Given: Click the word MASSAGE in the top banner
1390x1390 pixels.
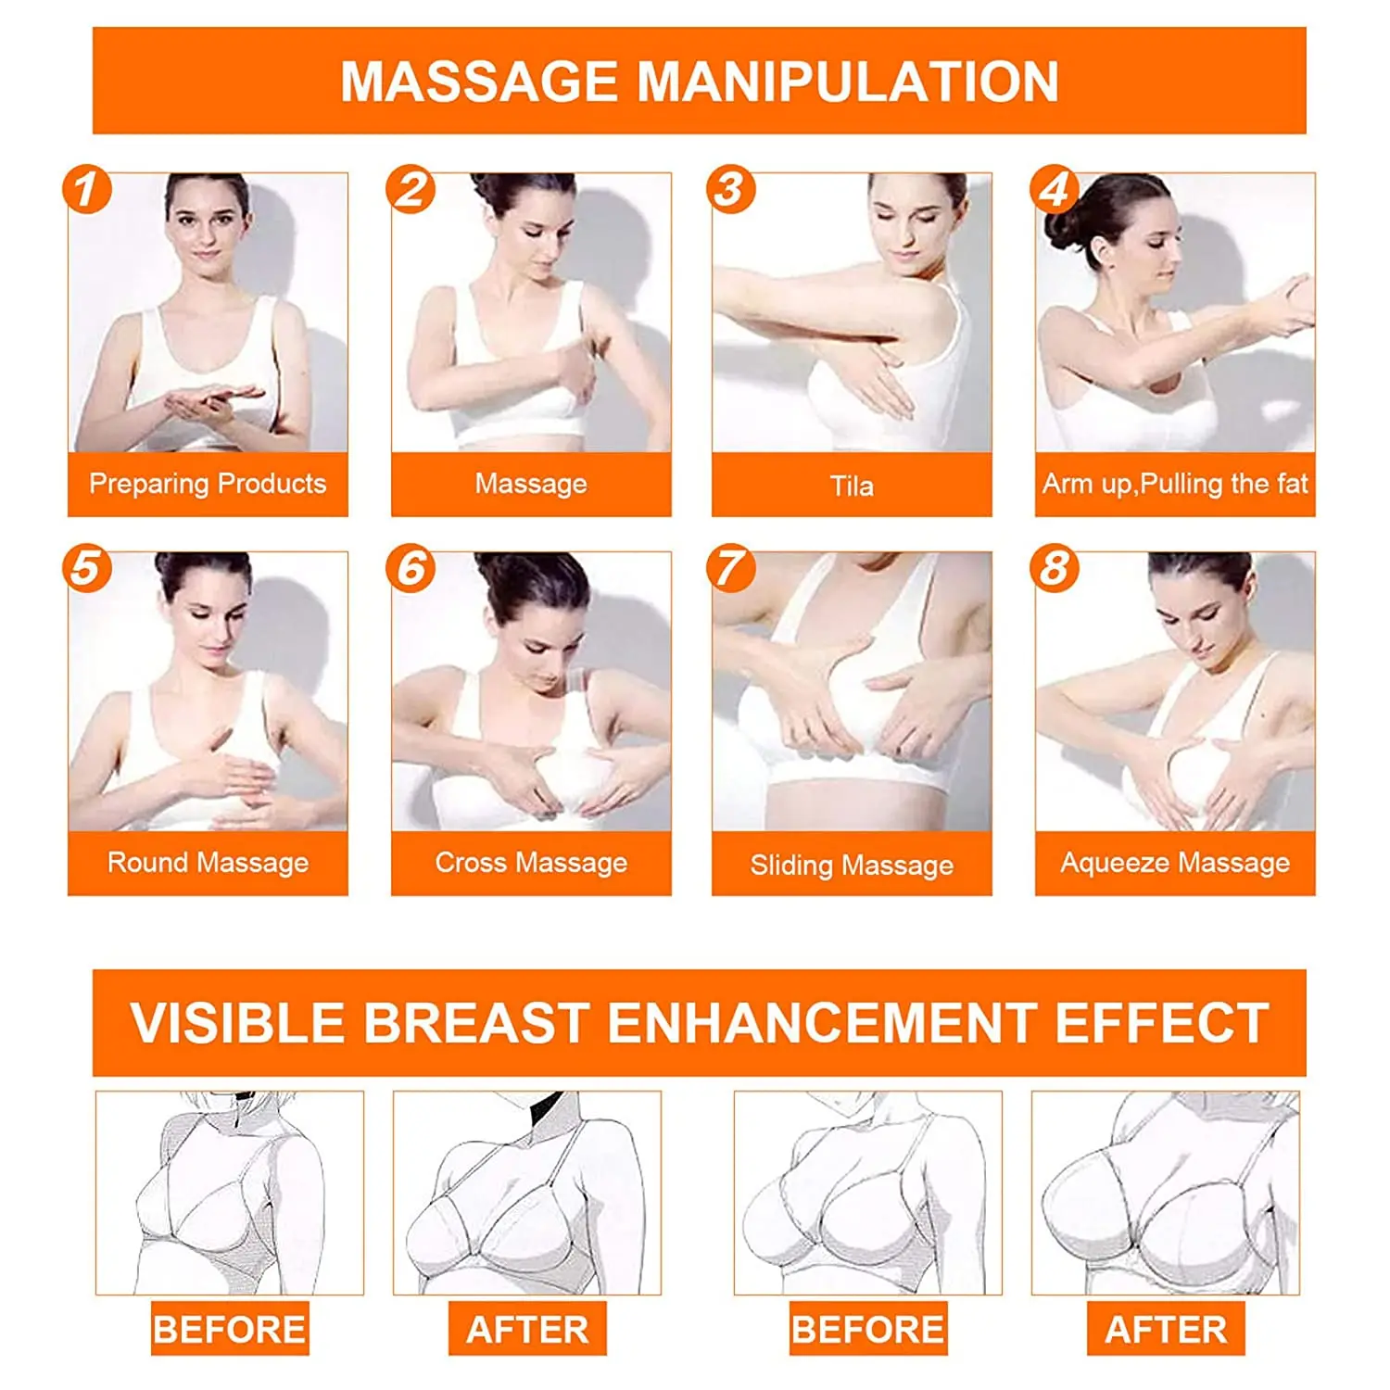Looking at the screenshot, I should pos(479,82).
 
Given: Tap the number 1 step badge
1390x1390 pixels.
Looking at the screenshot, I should pos(87,190).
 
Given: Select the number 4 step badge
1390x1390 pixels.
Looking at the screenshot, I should pos(1055,190).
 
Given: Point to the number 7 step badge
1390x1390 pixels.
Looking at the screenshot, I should pos(731,568).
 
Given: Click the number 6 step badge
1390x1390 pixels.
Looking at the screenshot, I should pos(411,568).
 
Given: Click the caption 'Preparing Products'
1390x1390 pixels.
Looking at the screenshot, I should pos(208,484).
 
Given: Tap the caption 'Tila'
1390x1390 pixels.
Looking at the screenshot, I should pos(852,486).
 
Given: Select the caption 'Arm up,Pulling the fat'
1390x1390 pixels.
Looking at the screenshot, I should pos(1175,484).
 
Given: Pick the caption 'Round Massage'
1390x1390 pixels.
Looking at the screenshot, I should pos(208,863).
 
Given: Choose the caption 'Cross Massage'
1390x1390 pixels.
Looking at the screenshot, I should pos(531,863).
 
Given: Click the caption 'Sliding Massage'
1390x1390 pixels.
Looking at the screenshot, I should pos(852,866).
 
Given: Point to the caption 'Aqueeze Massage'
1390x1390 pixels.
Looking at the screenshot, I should pos(1175,863).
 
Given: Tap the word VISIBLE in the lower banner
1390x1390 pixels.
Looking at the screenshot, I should pos(239,1023).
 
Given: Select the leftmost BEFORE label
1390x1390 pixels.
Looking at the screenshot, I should pos(230,1329).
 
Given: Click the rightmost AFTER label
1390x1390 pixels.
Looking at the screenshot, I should pos(1166,1329).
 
